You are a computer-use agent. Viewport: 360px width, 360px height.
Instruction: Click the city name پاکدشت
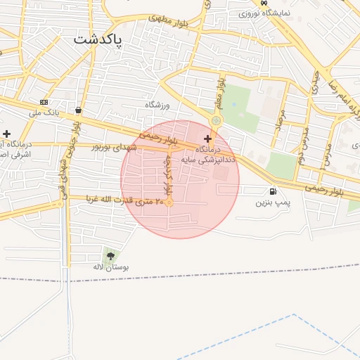click(97, 39)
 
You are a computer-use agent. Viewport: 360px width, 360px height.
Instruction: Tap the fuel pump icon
click(272, 191)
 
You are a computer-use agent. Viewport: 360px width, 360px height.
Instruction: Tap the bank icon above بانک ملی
click(44, 102)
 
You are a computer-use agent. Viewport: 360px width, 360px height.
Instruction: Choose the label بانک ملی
click(45, 112)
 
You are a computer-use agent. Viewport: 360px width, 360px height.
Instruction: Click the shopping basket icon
click(77, 110)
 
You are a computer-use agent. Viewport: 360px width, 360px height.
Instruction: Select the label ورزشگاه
click(158, 105)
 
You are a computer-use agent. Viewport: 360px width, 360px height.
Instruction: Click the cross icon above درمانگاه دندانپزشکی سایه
click(207, 139)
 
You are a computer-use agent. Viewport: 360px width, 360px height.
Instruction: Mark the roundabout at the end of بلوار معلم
click(216, 120)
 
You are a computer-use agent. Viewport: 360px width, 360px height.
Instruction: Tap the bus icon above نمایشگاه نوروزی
click(263, 3)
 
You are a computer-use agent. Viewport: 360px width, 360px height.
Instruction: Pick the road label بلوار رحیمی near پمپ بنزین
click(324, 190)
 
